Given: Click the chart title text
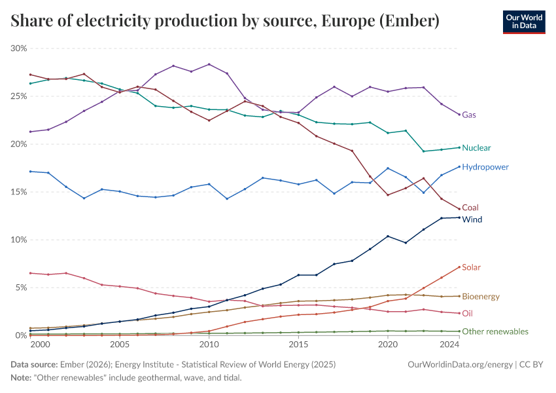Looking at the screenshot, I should (x=225, y=22).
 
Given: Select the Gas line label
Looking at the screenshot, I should (x=469, y=115).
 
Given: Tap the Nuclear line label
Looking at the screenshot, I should (x=476, y=148).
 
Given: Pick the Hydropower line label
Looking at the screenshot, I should (x=485, y=167).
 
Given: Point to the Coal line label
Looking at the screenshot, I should (x=470, y=208).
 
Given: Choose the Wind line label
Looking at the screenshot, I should (x=472, y=219).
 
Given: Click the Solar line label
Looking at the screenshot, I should (x=471, y=267).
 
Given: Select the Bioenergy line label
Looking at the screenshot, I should (x=481, y=297).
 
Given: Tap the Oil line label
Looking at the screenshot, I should (x=467, y=314).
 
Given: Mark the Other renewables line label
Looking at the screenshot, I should (x=495, y=331).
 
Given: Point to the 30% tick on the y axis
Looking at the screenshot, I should (x=19, y=48).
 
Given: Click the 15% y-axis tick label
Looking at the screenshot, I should (x=19, y=192).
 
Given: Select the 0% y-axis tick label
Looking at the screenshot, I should (x=21, y=335).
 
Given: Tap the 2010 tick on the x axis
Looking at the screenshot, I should (x=209, y=345).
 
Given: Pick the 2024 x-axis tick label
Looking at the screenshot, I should (x=450, y=345).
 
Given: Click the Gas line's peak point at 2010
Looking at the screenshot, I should (x=209, y=64).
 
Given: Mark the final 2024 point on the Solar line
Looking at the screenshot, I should (x=459, y=267).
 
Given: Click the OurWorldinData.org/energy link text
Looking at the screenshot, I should (x=460, y=364).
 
